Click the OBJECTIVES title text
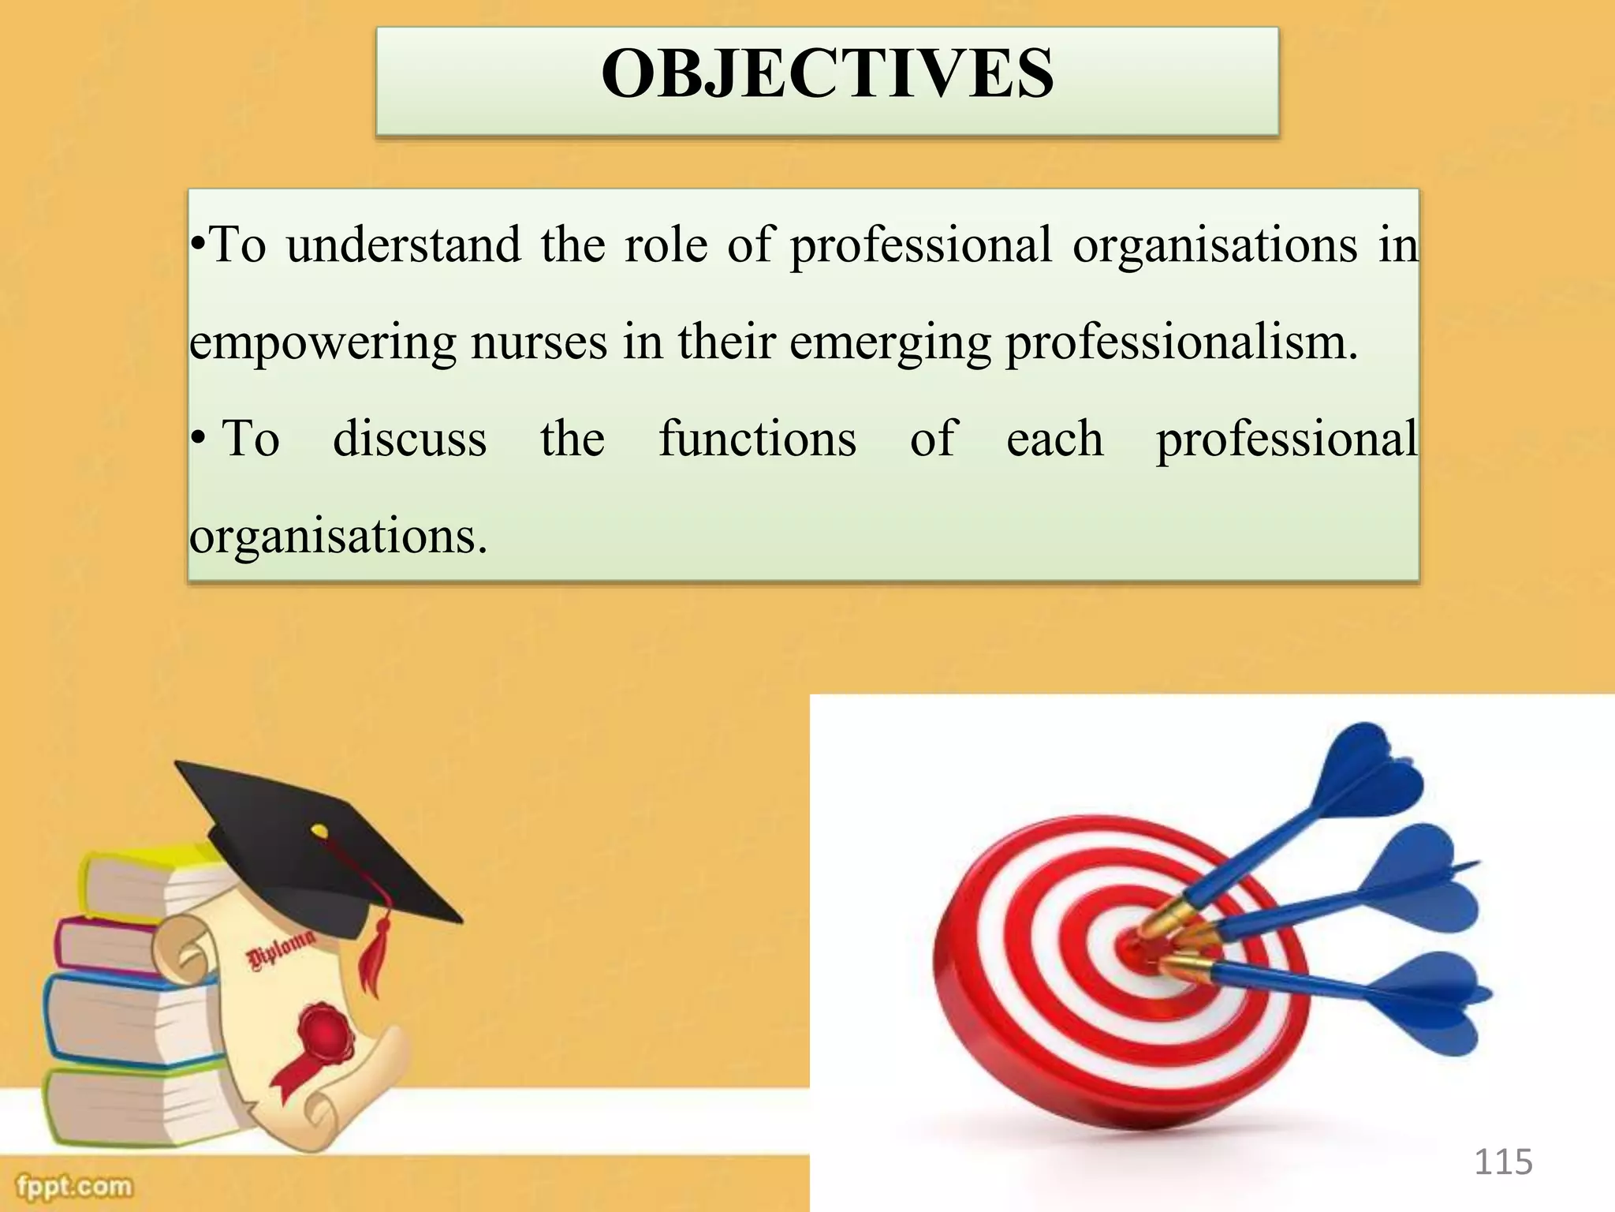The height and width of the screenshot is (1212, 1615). [x=826, y=74]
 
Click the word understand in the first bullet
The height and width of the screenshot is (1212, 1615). [x=403, y=245]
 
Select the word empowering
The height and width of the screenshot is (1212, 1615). [x=323, y=343]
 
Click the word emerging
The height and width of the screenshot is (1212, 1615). [x=890, y=343]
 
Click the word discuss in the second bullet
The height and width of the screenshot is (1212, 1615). [x=409, y=439]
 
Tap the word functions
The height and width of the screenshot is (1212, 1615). [x=757, y=439]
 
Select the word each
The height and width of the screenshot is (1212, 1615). [x=1054, y=439]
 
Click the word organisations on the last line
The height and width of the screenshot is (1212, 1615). [x=338, y=537]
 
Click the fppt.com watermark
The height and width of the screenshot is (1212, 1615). [x=75, y=1186]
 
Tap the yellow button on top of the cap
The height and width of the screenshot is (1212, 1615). [x=319, y=830]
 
